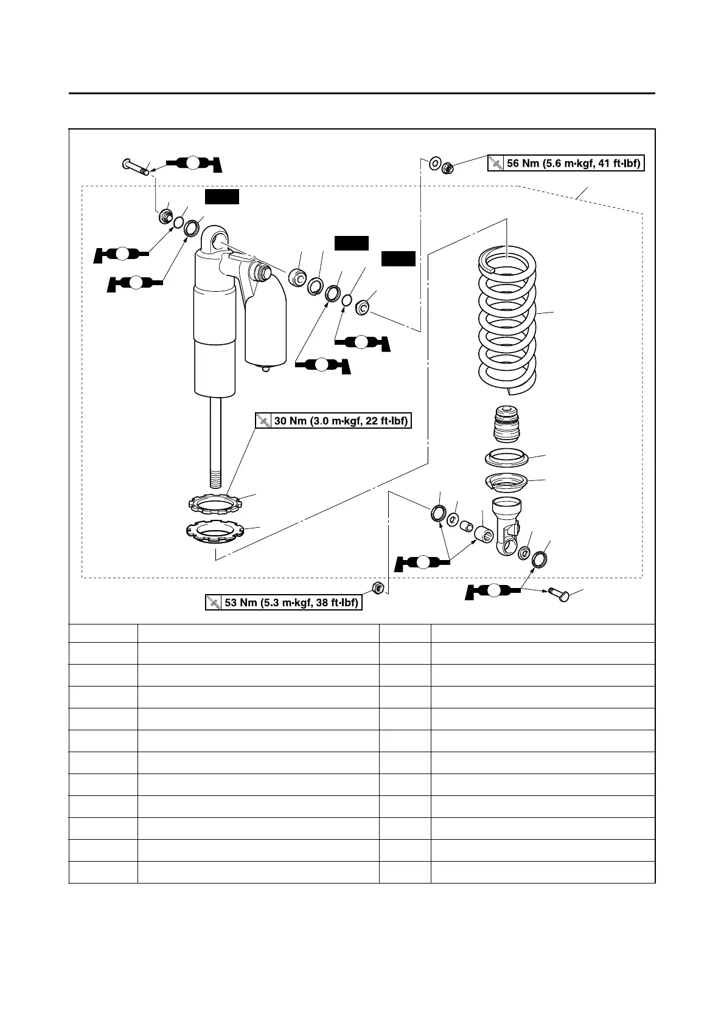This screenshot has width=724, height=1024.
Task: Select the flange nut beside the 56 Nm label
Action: (x=446, y=165)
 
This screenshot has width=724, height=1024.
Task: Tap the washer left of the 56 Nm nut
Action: (x=435, y=163)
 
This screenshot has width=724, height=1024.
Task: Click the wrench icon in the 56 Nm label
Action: (x=496, y=163)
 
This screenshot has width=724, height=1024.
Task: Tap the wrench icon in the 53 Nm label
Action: (x=214, y=603)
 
